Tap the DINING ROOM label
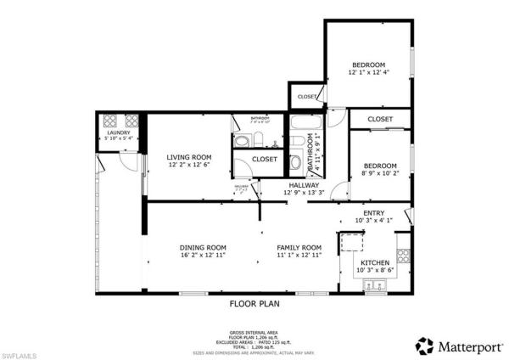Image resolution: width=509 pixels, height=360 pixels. (202, 248)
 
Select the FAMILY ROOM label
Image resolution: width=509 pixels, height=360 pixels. (299, 248)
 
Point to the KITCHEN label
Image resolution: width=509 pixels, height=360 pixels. (375, 263)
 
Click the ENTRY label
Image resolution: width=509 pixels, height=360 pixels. (374, 213)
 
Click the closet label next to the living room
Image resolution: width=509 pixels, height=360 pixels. (264, 159)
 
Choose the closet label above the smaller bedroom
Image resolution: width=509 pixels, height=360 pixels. (380, 120)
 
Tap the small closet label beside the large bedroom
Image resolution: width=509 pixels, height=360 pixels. (307, 97)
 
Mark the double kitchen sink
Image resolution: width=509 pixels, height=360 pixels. (373, 286)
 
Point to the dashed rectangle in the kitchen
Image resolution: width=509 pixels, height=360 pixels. (351, 245)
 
